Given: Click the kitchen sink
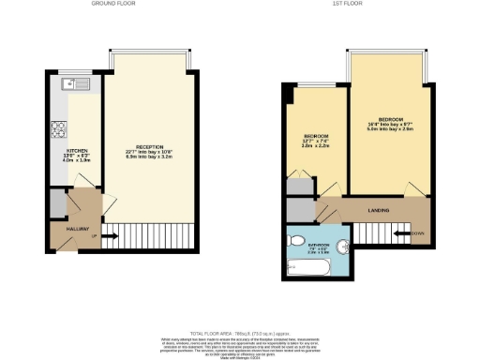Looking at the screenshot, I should (x=74, y=84).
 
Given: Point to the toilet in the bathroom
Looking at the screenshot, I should (x=297, y=239).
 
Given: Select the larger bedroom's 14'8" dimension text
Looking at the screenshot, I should (x=391, y=126).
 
